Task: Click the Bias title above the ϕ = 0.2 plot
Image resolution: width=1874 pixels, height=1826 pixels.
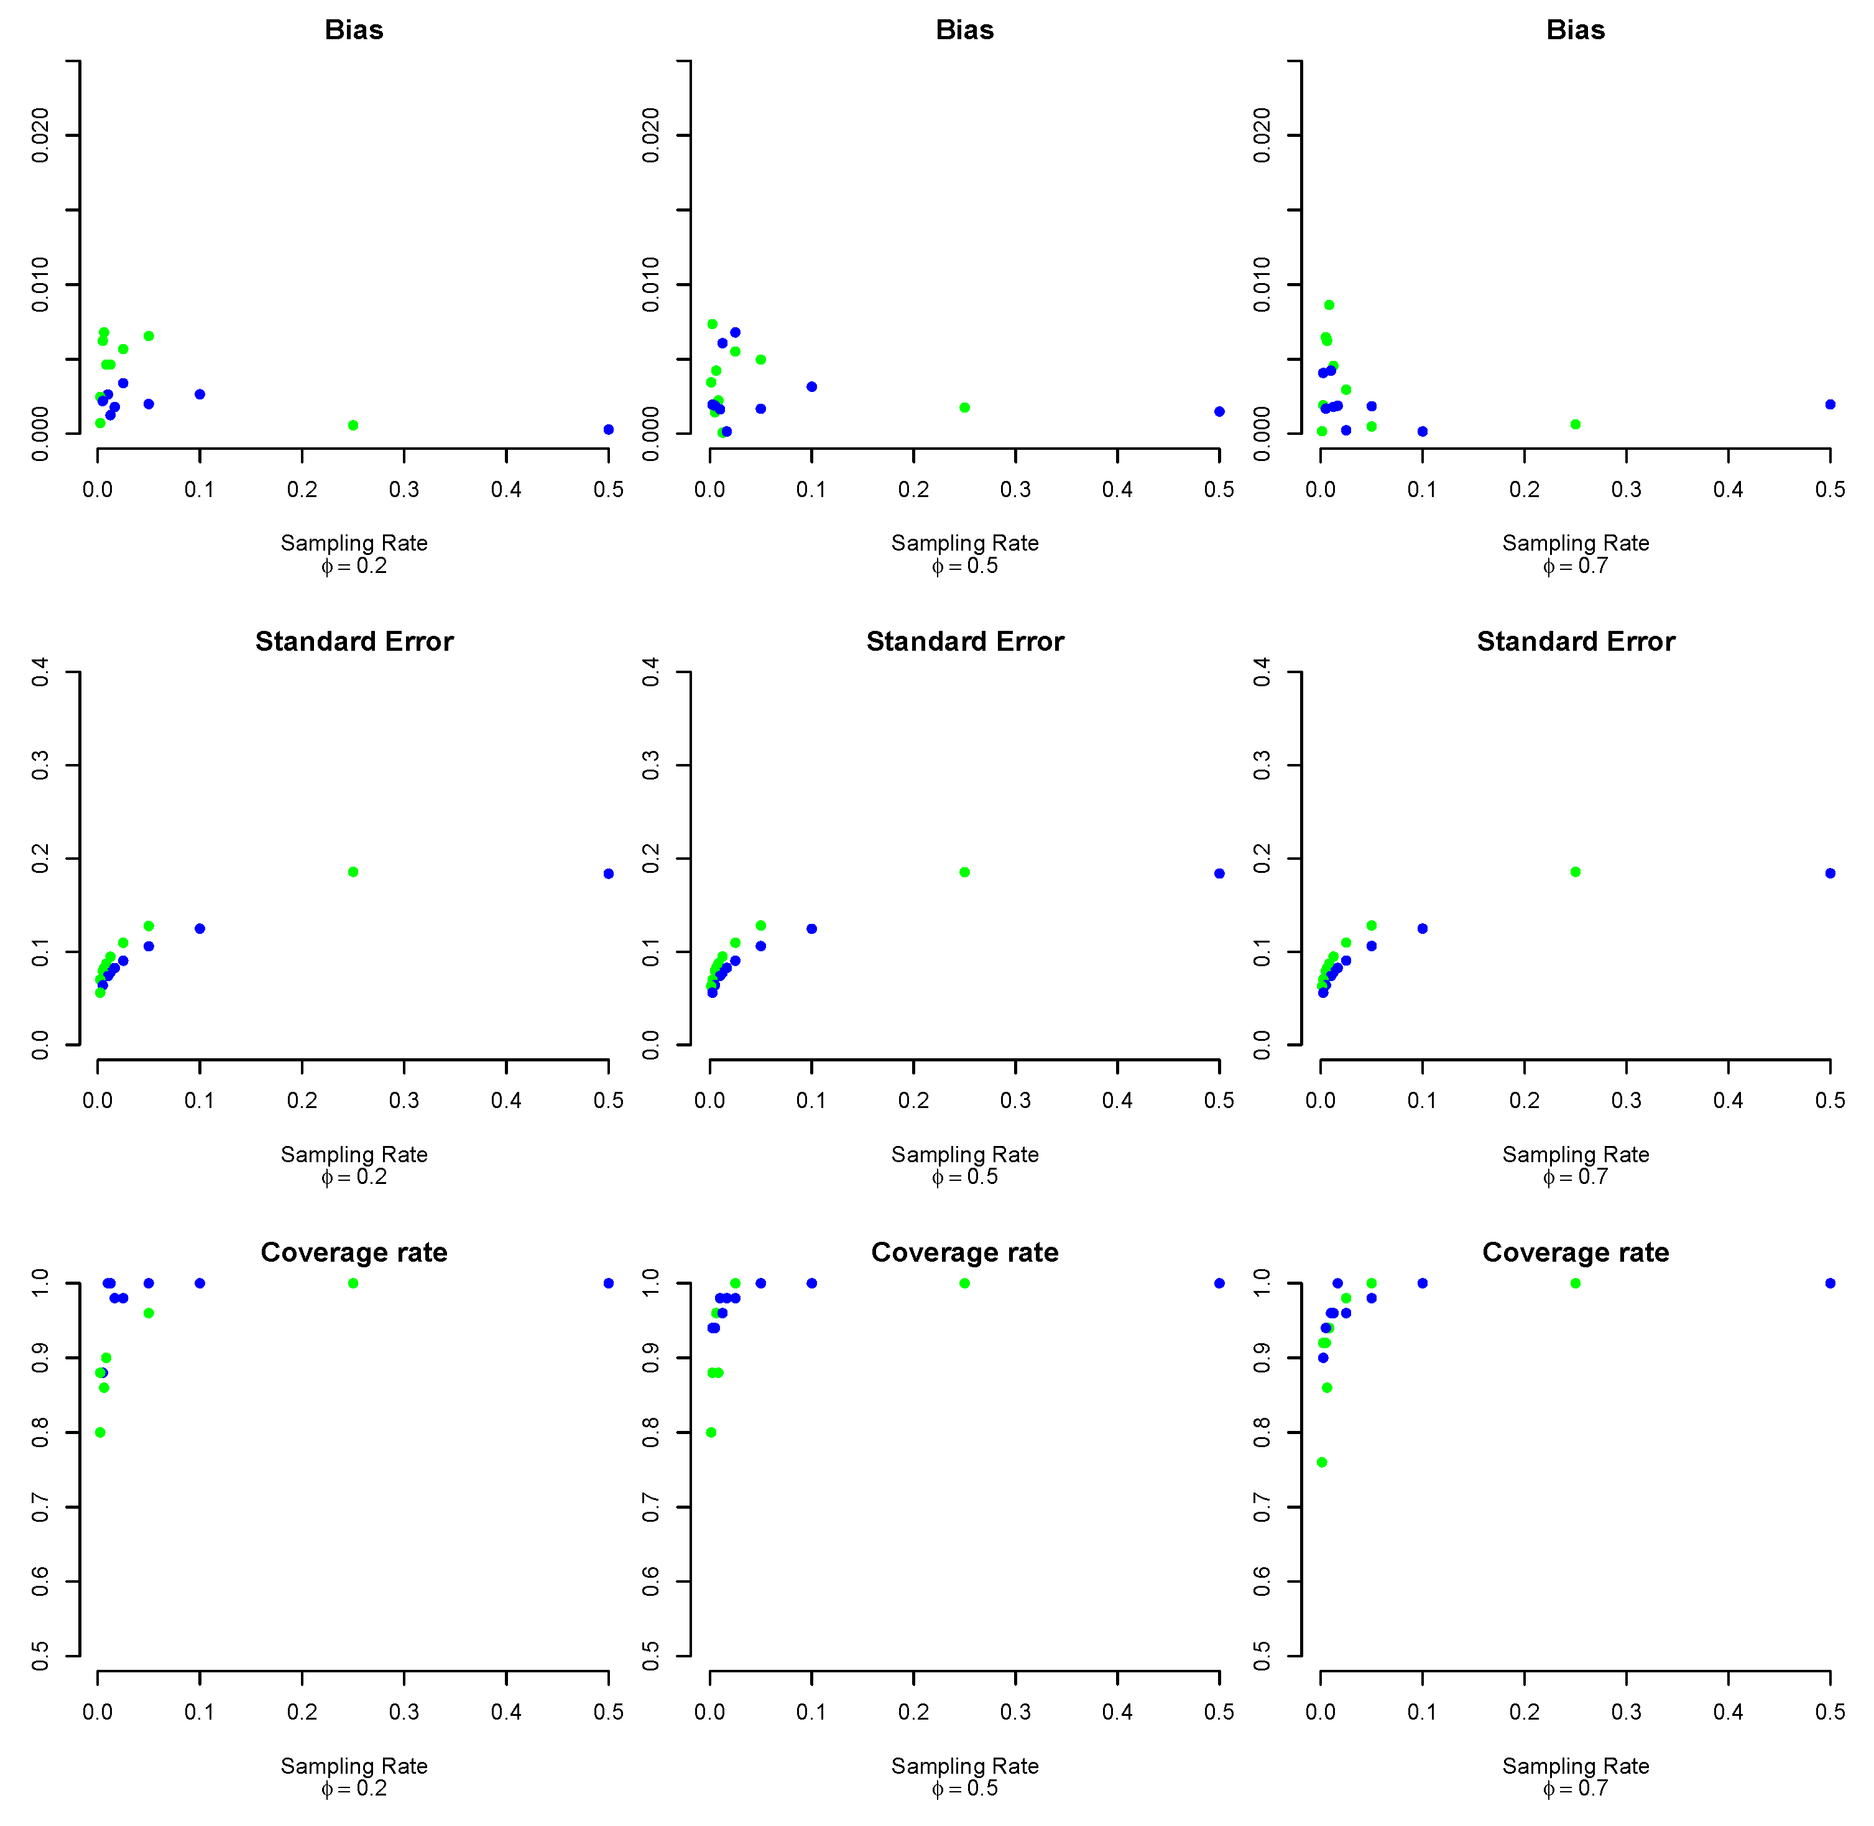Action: click(x=354, y=30)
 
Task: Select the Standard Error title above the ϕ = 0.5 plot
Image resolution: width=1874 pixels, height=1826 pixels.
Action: click(x=964, y=641)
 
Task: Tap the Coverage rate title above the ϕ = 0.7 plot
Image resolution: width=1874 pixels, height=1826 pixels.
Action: click(x=1575, y=1252)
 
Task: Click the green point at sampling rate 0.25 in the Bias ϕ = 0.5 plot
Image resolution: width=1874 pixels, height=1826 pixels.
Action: click(x=964, y=408)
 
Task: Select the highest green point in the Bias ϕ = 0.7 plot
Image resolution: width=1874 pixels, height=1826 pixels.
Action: click(x=1329, y=305)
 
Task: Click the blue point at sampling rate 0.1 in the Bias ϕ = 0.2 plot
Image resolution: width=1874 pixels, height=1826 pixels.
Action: click(x=200, y=394)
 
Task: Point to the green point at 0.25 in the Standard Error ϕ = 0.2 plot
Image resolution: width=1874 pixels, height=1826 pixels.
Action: click(x=353, y=872)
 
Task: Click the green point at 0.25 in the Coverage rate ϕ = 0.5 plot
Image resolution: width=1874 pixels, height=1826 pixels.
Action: click(x=964, y=1283)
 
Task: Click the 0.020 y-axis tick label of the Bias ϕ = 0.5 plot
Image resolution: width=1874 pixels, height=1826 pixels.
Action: click(x=651, y=135)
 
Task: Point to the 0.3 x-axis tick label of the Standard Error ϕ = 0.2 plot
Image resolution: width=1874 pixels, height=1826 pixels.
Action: click(x=404, y=1100)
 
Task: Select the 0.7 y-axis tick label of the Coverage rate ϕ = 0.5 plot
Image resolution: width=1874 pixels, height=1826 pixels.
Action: click(x=651, y=1507)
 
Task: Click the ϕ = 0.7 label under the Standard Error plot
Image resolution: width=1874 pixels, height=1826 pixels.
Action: click(x=1575, y=1176)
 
